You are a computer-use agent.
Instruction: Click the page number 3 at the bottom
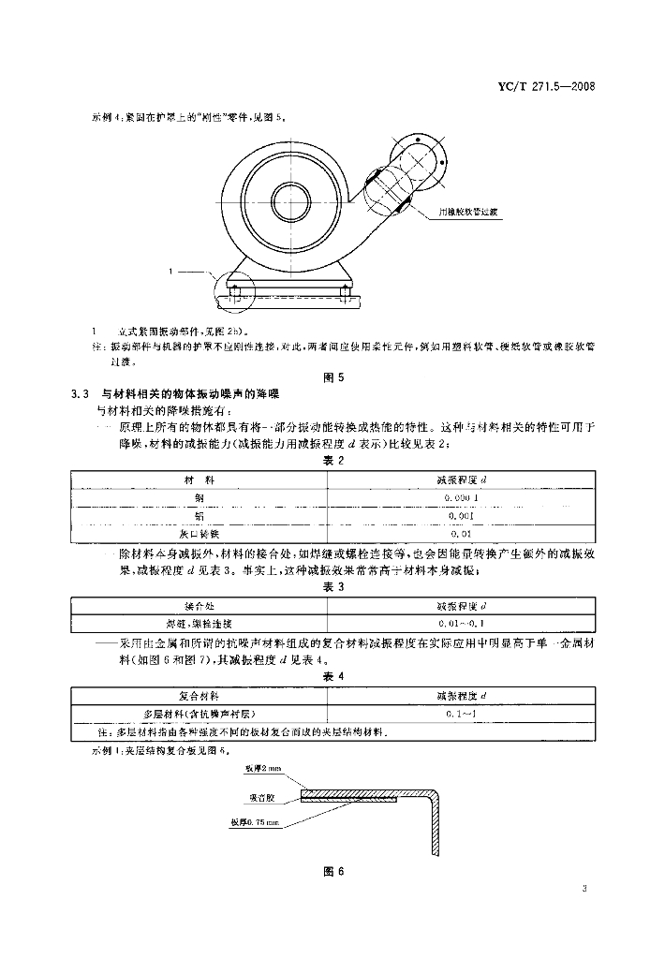[x=584, y=888]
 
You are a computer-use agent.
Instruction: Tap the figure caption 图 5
[x=334, y=377]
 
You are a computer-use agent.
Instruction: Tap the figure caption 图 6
[x=334, y=873]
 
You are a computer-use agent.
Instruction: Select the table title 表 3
[x=333, y=587]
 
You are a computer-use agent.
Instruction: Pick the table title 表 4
[x=333, y=675]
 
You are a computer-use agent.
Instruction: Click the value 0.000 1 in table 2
[x=462, y=497]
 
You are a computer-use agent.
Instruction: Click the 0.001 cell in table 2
[x=462, y=515]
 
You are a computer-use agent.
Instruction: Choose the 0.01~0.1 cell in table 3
[x=462, y=623]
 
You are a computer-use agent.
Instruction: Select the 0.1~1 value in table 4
[x=462, y=714]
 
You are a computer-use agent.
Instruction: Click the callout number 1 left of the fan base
[x=172, y=272]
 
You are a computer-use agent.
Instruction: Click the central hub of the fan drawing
[x=289, y=200]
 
